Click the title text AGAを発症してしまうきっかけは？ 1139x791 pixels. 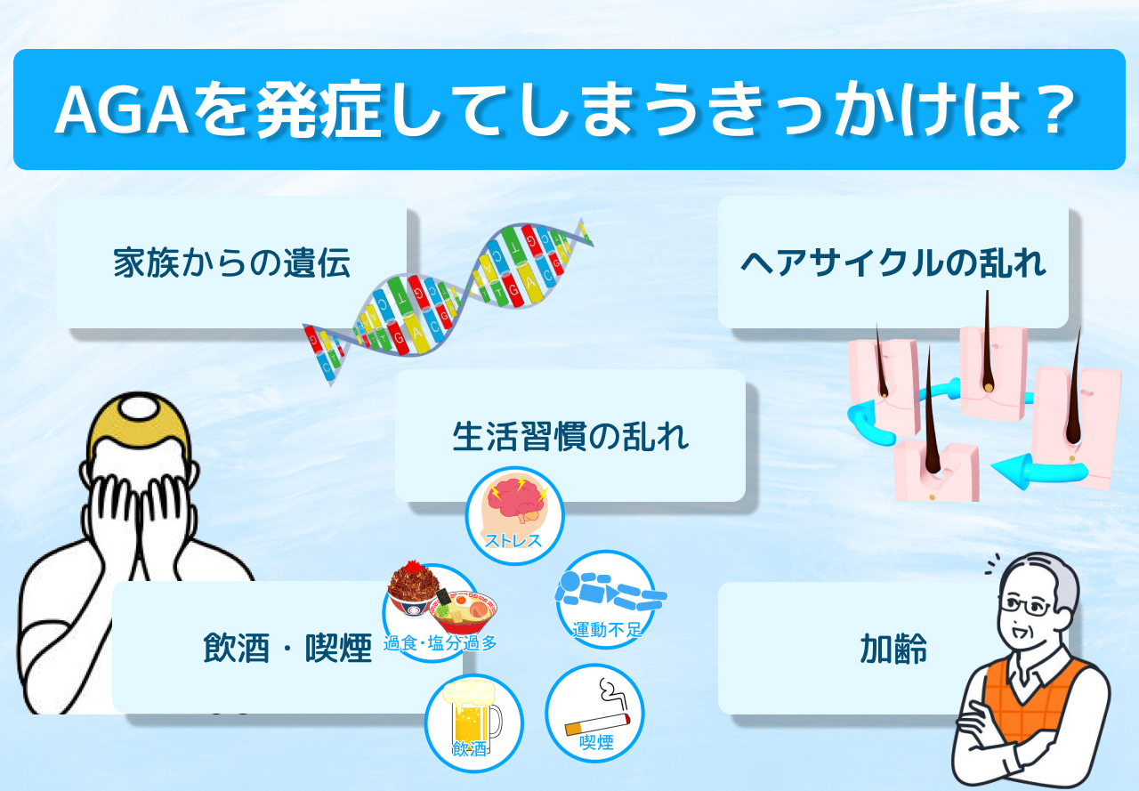point(565,109)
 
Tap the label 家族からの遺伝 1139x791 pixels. point(231,262)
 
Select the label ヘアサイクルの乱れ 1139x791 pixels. point(893,262)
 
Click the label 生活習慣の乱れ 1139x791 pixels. point(570,437)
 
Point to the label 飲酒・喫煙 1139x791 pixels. point(287,648)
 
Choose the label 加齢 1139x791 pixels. point(893,649)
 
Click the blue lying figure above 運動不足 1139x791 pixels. point(610,591)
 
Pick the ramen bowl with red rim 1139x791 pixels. point(464,611)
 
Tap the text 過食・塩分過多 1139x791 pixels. point(440,643)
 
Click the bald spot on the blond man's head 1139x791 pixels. point(139,408)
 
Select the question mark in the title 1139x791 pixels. point(1055,109)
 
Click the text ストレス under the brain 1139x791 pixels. point(513,540)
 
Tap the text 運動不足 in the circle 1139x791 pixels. point(607,630)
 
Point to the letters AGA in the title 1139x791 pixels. point(122,109)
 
